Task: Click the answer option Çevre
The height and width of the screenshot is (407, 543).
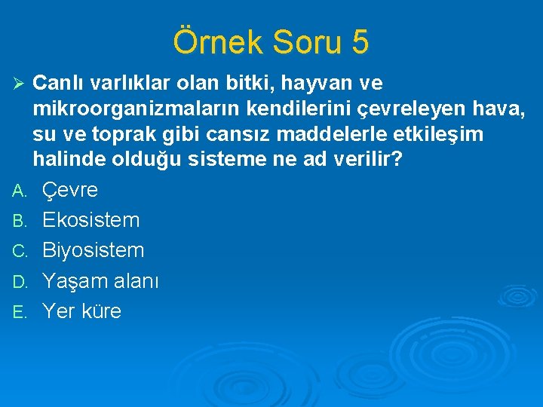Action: [x=70, y=191]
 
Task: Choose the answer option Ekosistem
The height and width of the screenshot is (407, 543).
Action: [x=90, y=221]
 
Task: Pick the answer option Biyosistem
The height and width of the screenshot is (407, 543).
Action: [x=93, y=250]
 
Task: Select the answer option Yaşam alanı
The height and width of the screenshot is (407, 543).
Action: [x=100, y=281]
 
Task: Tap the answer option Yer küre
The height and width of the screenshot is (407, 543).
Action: [x=81, y=311]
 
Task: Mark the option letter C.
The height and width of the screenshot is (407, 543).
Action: [x=21, y=251]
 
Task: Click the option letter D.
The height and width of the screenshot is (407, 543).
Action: [x=21, y=282]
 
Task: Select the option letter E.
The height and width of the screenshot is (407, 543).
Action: [x=21, y=311]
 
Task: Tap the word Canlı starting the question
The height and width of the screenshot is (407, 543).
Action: [x=57, y=81]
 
